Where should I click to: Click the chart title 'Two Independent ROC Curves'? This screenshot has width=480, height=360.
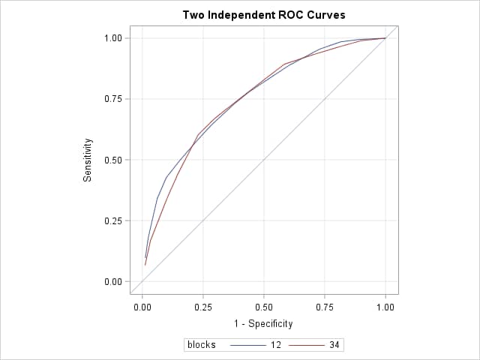[264, 15]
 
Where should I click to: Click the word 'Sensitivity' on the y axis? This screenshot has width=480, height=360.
[88, 159]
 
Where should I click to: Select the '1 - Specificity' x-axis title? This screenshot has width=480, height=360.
[263, 323]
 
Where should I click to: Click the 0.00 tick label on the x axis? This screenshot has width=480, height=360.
[142, 307]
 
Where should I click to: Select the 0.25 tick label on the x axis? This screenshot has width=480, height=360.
[202, 307]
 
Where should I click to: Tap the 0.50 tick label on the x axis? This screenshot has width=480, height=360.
[263, 307]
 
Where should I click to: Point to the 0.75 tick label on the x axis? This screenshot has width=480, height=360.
[325, 307]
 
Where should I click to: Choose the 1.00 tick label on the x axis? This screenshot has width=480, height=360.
[385, 307]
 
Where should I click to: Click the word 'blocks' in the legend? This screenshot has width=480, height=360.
[202, 345]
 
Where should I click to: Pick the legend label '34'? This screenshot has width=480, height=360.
[334, 345]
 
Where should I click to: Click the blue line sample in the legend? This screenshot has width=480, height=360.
[248, 345]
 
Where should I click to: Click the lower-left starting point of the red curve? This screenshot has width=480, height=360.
[145, 265]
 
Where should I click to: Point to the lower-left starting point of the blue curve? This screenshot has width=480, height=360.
[145, 257]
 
